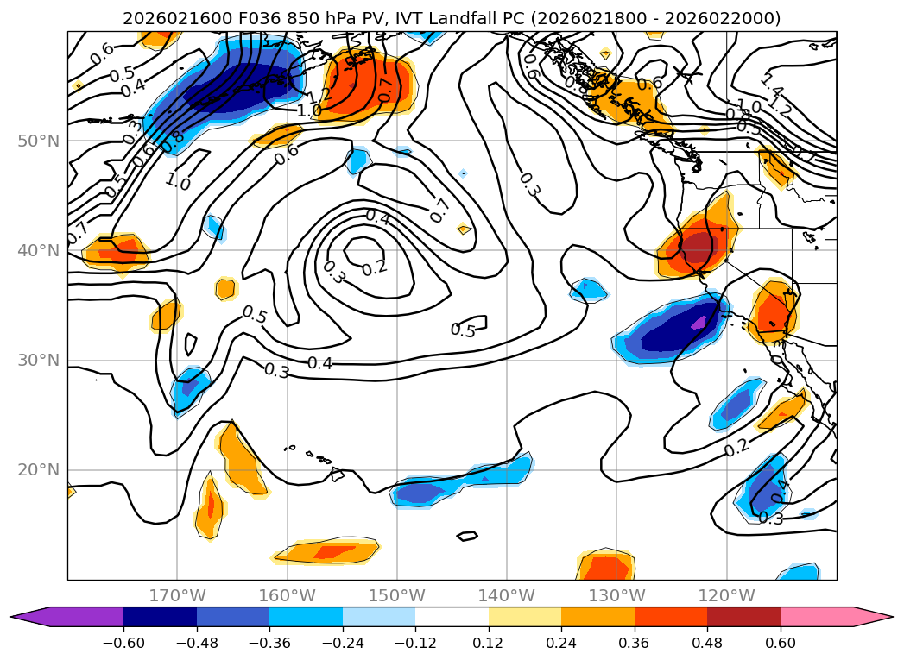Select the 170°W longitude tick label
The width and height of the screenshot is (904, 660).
[177, 595]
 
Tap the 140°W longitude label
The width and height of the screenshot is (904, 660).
[507, 595]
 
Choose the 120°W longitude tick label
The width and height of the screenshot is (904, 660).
[726, 595]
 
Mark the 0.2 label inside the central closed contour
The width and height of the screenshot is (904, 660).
[375, 268]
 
